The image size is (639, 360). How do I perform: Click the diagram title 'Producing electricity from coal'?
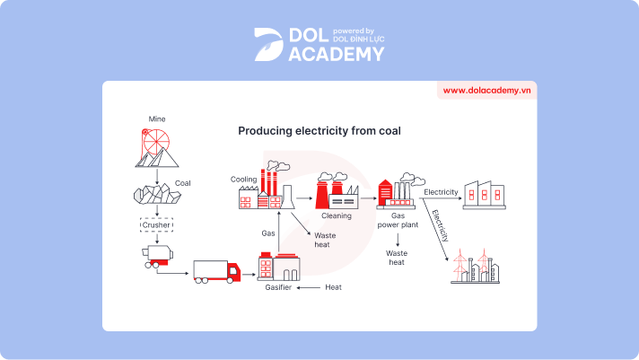tap(319, 131)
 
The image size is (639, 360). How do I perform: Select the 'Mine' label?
tap(157, 119)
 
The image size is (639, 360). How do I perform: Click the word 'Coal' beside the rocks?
tap(183, 183)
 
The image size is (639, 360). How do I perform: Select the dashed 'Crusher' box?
tap(157, 224)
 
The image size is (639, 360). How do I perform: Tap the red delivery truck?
tap(217, 271)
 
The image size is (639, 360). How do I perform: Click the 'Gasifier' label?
tap(278, 287)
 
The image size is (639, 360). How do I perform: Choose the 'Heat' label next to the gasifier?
tap(333, 287)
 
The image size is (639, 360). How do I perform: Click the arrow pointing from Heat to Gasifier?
tap(310, 287)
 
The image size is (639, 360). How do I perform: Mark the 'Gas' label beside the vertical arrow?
tap(267, 233)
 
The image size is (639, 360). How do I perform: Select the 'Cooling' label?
tap(243, 180)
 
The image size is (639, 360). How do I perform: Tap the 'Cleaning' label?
tap(337, 215)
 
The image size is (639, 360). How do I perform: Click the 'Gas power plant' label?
tap(398, 221)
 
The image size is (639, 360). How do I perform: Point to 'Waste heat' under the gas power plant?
tap(397, 258)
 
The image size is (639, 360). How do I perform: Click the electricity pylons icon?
tap(477, 267)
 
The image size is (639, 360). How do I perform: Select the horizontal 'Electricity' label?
tap(441, 192)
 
